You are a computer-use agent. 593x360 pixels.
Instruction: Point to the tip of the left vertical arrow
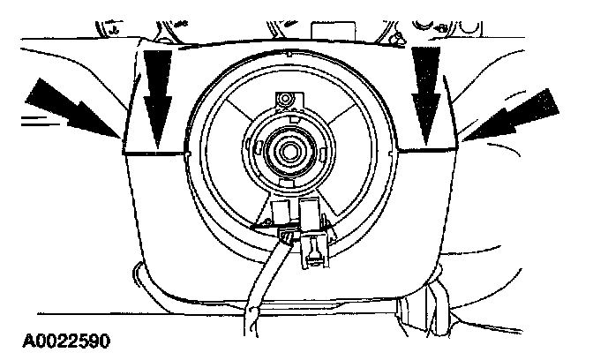tap(156, 146)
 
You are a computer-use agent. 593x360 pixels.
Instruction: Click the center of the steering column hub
tap(288, 150)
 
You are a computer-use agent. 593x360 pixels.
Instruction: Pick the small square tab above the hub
tap(285, 101)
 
